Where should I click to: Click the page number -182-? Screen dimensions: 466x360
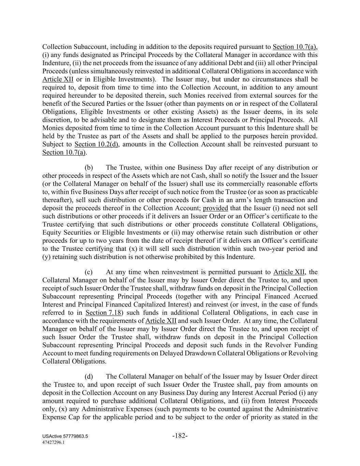[x=180, y=436]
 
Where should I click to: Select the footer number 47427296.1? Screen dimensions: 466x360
[x=53, y=442]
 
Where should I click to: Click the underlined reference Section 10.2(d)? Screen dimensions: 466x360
[x=97, y=144]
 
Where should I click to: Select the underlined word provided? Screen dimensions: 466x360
[x=215, y=208]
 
